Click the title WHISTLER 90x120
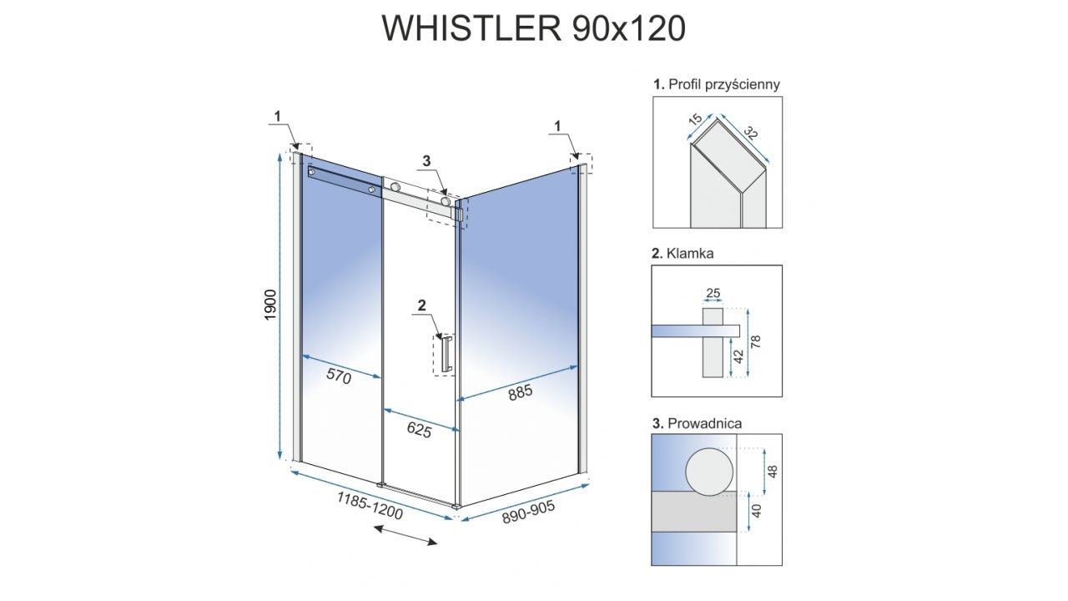[534, 28]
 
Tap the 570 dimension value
[339, 376]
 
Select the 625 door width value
[419, 431]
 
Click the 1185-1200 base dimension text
[370, 506]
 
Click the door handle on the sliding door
[447, 353]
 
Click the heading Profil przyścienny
[717, 84]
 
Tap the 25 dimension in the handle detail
[713, 294]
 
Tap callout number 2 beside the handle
[421, 306]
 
